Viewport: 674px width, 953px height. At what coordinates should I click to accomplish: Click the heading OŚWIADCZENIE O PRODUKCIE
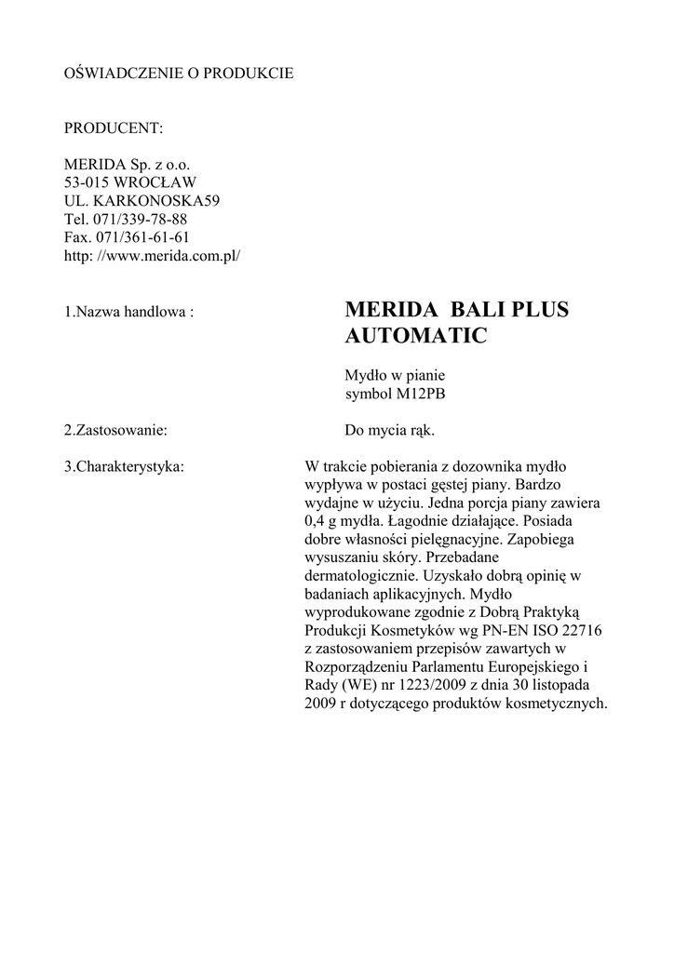pos(178,73)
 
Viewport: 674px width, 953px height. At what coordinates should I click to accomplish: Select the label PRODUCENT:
pos(114,128)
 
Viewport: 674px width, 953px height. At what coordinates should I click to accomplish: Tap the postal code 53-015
pos(86,181)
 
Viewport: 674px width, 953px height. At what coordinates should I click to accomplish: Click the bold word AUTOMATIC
pos(415,336)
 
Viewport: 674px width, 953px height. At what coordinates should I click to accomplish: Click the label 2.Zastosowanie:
pos(115,431)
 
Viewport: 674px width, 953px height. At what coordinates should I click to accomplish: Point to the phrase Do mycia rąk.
pos(389,431)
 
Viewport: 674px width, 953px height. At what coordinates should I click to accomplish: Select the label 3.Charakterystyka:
pos(124,466)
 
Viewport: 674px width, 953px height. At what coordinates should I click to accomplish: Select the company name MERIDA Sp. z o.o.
pos(127,164)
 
